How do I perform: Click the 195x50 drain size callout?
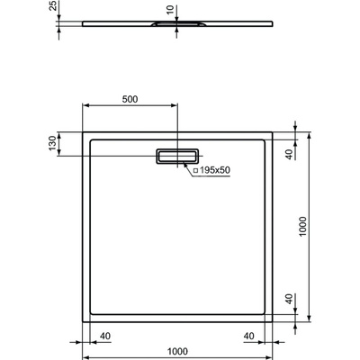pyautogui.click(x=212, y=169)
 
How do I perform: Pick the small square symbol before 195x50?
pyautogui.click(x=194, y=169)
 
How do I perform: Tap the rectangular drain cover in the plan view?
pyautogui.click(x=178, y=156)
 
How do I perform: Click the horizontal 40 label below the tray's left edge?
pyautogui.click(x=105, y=337)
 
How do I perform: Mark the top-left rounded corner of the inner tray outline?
pyautogui.click(x=94, y=142)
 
